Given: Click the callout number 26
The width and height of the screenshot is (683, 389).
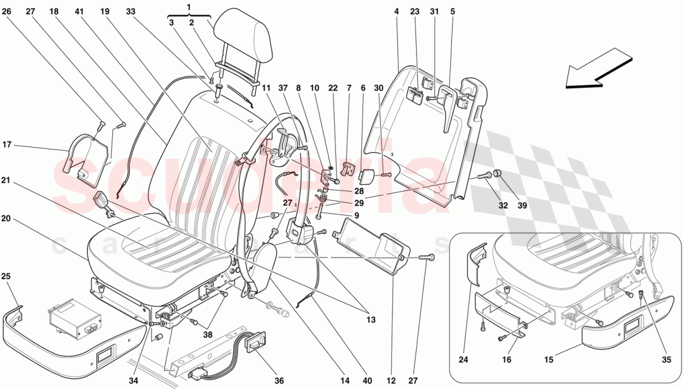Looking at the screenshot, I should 7,11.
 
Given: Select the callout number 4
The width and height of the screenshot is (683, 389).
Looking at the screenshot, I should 396,11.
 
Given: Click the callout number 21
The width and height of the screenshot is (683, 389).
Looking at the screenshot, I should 6,181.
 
